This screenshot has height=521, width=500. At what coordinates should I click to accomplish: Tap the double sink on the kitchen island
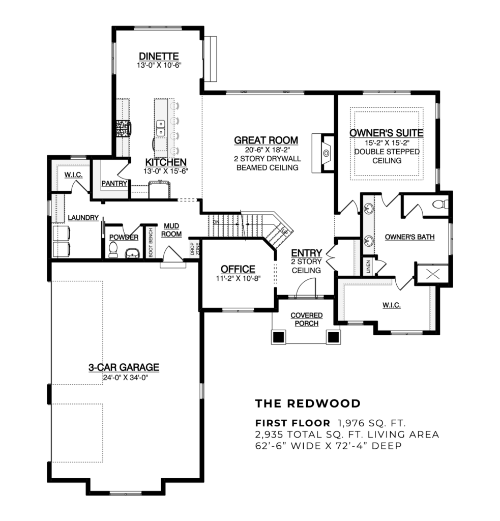pos(161,127)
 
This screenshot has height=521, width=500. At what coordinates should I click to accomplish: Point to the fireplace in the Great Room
pos(325,152)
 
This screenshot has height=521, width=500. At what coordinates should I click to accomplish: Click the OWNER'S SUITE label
pos(386,133)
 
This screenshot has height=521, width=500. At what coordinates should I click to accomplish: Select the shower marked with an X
pos(432,275)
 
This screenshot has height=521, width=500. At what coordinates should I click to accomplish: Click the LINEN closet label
pos(368,266)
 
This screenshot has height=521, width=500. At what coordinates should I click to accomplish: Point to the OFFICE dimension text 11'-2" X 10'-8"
pos(238,278)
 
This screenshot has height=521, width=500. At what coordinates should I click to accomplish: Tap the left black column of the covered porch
pos(278,336)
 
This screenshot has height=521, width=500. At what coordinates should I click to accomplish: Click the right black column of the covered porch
pos(333,336)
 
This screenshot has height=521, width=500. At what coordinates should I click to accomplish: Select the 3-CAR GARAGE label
pos(124,367)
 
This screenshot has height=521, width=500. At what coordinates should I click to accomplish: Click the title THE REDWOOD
pos(308,403)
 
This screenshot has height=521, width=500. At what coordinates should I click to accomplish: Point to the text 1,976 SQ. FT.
pos(370,423)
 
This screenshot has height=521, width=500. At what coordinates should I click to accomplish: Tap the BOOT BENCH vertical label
pos(150,242)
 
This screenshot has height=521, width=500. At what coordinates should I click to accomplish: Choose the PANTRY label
pos(114,183)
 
